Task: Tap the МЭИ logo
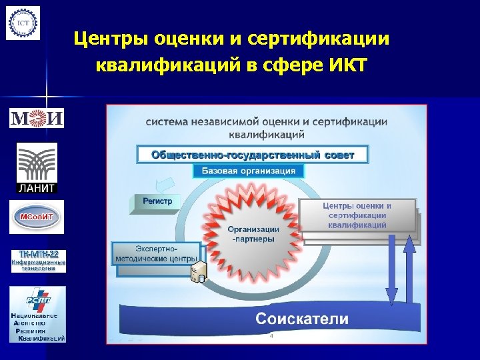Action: coord(37,119)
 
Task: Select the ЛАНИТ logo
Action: coord(37,168)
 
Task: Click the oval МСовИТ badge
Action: coord(37,217)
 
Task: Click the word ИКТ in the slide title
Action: coord(339,67)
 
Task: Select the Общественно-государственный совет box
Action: coord(253,155)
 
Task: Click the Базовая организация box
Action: coord(248,171)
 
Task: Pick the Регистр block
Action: coord(157,201)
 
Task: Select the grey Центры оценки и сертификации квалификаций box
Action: coord(357,215)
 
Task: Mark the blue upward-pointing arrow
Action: coord(409,267)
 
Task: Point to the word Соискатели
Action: coord(301,319)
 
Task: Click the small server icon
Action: coord(197,271)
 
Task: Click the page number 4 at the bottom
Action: coord(271,337)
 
